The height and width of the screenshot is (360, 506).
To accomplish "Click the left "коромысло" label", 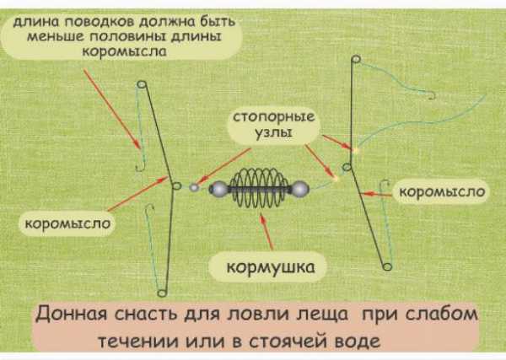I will pyautogui.click(x=64, y=223).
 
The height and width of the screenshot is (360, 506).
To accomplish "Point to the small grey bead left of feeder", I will pyautogui.click(x=194, y=188).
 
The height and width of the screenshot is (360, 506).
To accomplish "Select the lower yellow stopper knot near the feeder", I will pyautogui.click(x=336, y=178).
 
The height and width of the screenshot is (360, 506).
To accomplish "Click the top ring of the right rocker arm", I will pyautogui.click(x=355, y=59).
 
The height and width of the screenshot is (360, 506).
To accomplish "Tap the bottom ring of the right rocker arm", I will pyautogui.click(x=386, y=266).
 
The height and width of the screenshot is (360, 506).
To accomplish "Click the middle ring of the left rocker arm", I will pyautogui.click(x=175, y=186).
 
